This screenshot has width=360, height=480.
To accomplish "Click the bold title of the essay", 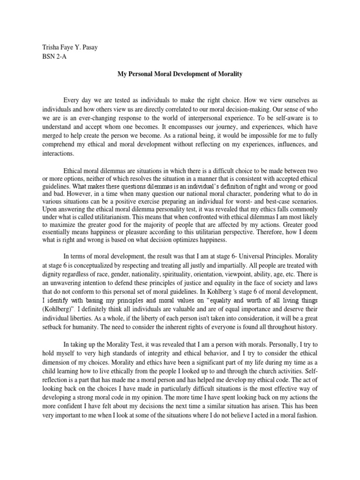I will point(180,74).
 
